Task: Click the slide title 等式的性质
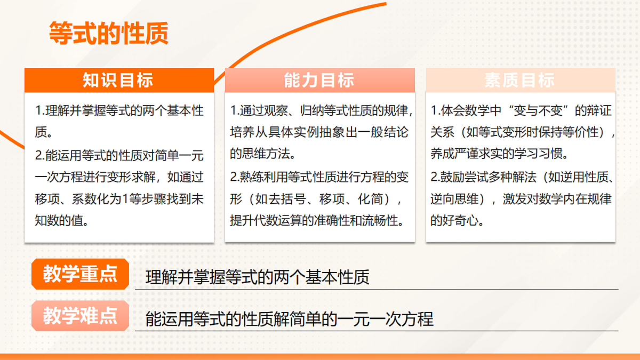(108, 33)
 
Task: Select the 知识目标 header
(118, 81)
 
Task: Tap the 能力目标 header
(319, 81)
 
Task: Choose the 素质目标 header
(520, 81)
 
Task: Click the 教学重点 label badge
(80, 275)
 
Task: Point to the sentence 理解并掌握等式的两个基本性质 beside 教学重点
(257, 277)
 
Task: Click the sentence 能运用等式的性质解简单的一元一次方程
(289, 319)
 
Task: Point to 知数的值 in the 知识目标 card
(61, 220)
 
